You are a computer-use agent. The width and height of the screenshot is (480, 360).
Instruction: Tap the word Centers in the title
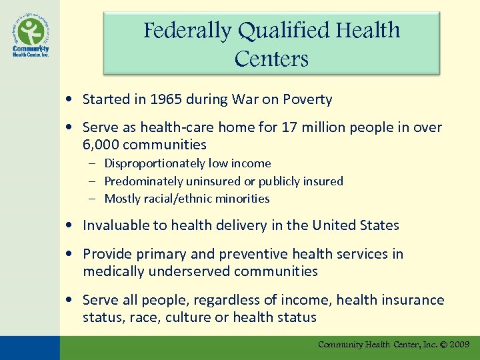[271, 59]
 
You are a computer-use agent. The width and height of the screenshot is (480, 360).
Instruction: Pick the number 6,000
[102, 145]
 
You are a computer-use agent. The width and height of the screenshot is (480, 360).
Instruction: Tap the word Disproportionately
[155, 163]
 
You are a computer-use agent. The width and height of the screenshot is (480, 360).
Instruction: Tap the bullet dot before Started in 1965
[70, 100]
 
